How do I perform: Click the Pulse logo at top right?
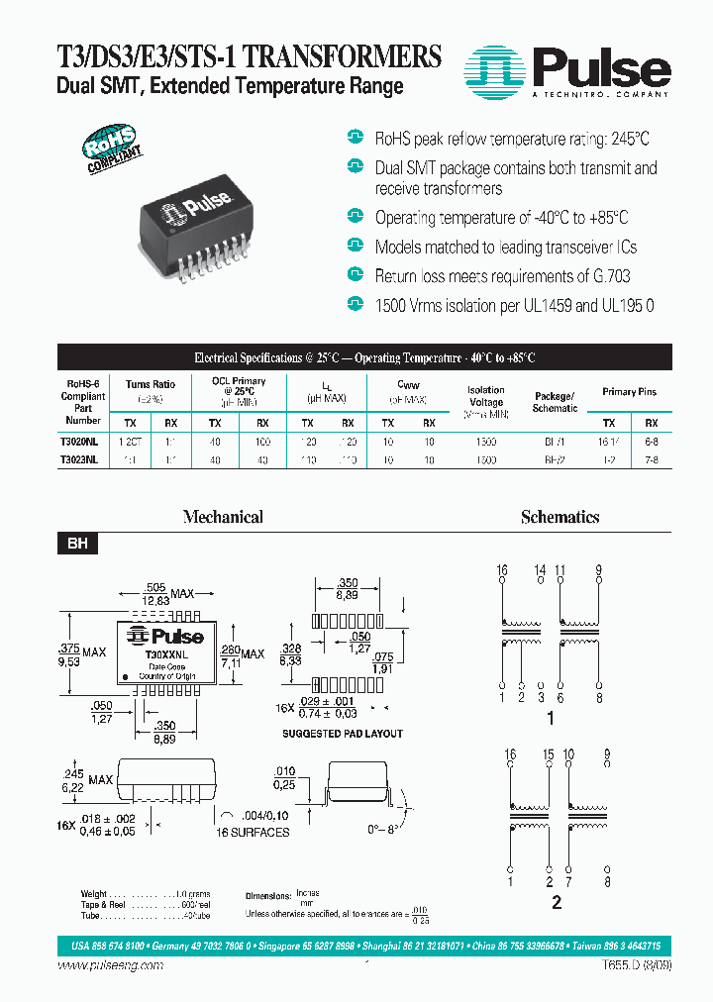[x=567, y=70]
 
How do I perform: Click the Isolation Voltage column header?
[x=485, y=396]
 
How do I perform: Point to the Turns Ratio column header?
[x=151, y=384]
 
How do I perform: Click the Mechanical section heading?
[x=224, y=517]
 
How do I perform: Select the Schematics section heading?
[x=560, y=517]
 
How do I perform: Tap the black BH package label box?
[x=76, y=544]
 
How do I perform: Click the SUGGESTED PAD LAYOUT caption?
[x=343, y=734]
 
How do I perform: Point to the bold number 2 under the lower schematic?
[x=557, y=901]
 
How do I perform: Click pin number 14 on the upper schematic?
[x=541, y=570]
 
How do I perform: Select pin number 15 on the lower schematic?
[x=548, y=754]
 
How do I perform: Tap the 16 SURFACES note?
[x=253, y=833]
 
